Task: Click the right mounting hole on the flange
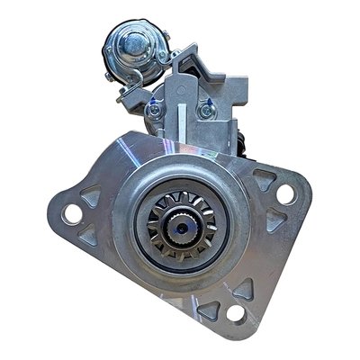pos(285,192)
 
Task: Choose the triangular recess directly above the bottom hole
pos(241,290)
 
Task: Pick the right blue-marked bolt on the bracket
pos(203,111)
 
